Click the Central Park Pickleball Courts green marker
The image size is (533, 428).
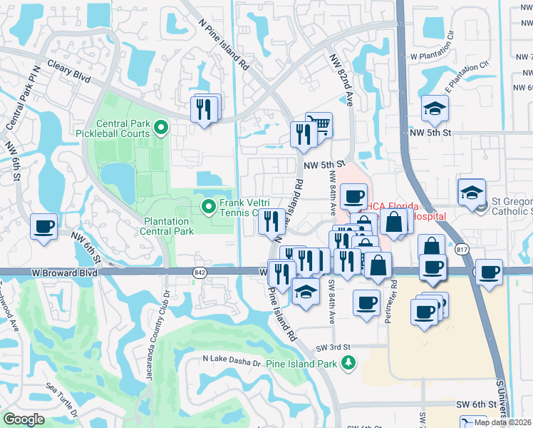point(161,128)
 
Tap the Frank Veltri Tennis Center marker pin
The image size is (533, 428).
point(209,208)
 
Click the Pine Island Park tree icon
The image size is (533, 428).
point(348,363)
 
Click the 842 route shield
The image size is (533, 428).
point(200,272)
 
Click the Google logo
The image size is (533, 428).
point(24,419)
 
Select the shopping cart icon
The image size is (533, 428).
point(319,126)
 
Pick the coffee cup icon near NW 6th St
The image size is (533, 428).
point(43,228)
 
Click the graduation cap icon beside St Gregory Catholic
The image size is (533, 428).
point(471,193)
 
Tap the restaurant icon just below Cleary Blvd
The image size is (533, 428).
point(205,109)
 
